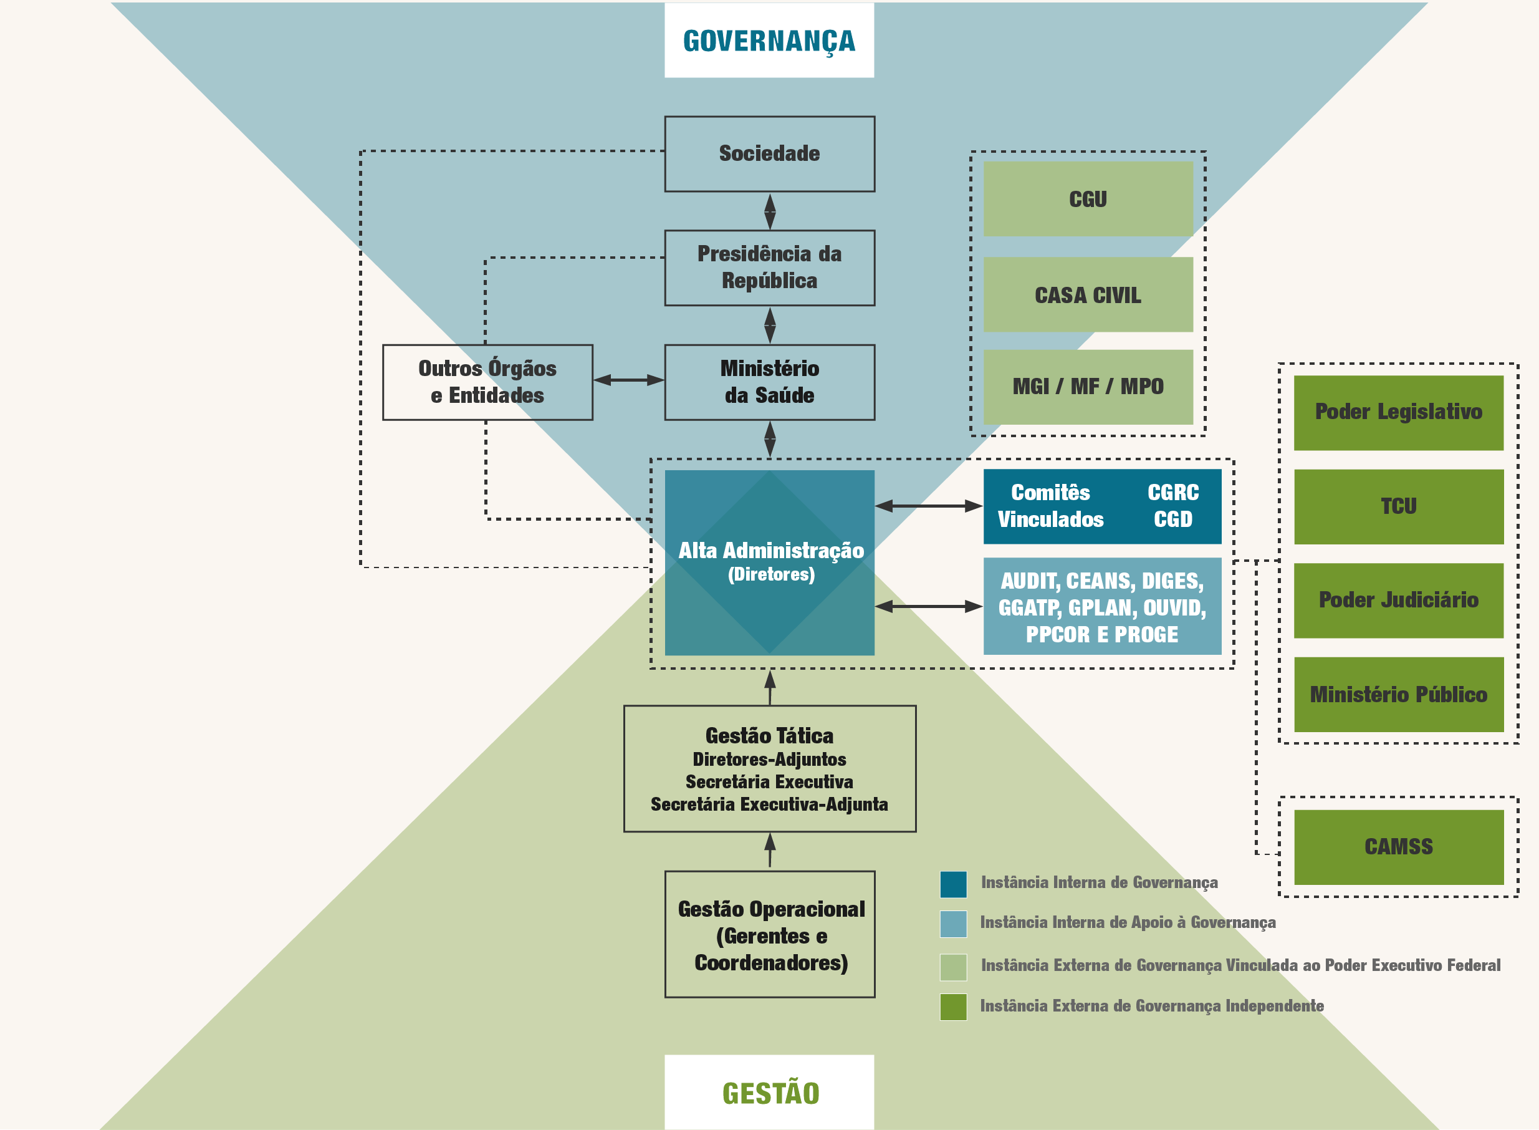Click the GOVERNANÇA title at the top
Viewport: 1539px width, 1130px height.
click(x=769, y=41)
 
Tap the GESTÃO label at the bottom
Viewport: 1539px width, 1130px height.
click(x=770, y=1093)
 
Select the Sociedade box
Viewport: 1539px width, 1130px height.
click(x=769, y=154)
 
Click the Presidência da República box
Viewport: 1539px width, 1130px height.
click(x=769, y=268)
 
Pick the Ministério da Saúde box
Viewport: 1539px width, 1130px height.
click(x=769, y=382)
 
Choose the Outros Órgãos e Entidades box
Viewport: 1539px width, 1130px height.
click(x=487, y=382)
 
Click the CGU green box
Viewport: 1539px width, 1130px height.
click(x=1088, y=199)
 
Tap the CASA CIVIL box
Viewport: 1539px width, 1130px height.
click(x=1088, y=295)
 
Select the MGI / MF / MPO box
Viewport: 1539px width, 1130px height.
click(x=1088, y=387)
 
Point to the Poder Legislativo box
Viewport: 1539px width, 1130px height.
click(x=1398, y=412)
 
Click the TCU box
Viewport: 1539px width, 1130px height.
click(x=1398, y=506)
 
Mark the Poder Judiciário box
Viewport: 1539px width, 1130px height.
click(x=1398, y=600)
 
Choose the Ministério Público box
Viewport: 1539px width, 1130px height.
click(x=1398, y=694)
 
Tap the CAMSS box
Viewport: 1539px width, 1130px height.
click(x=1398, y=847)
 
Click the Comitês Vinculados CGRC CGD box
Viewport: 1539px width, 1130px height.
click(x=1101, y=506)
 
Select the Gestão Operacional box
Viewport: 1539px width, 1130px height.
click(x=770, y=934)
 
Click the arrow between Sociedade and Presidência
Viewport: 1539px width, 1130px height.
click(x=770, y=211)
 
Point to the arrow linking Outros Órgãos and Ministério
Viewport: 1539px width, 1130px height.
click(x=628, y=380)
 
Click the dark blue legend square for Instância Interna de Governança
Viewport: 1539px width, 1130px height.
click(x=953, y=884)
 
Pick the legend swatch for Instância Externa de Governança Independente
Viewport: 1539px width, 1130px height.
click(x=953, y=1006)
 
